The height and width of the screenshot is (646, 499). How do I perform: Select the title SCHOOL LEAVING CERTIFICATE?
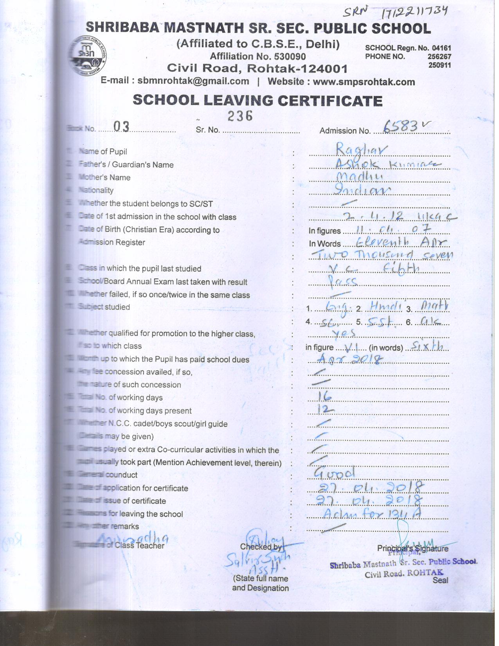click(x=258, y=101)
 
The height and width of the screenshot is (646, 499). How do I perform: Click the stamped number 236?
click(x=240, y=115)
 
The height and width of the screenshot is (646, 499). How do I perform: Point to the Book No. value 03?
click(x=121, y=126)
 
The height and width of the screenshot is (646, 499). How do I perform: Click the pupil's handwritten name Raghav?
click(x=362, y=149)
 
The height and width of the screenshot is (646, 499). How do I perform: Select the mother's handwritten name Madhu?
click(x=359, y=177)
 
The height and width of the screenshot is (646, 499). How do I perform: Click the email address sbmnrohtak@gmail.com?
click(x=193, y=81)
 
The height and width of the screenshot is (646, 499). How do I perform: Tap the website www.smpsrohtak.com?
click(x=364, y=82)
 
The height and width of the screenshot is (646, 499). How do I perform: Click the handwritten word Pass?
click(x=342, y=281)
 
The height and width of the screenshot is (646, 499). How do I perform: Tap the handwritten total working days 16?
click(x=324, y=397)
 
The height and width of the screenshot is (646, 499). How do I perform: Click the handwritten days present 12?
click(x=325, y=410)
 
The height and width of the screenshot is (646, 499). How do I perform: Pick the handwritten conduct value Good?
click(x=335, y=473)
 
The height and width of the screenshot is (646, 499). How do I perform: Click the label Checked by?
click(x=261, y=547)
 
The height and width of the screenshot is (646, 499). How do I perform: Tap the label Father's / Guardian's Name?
click(x=126, y=165)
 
